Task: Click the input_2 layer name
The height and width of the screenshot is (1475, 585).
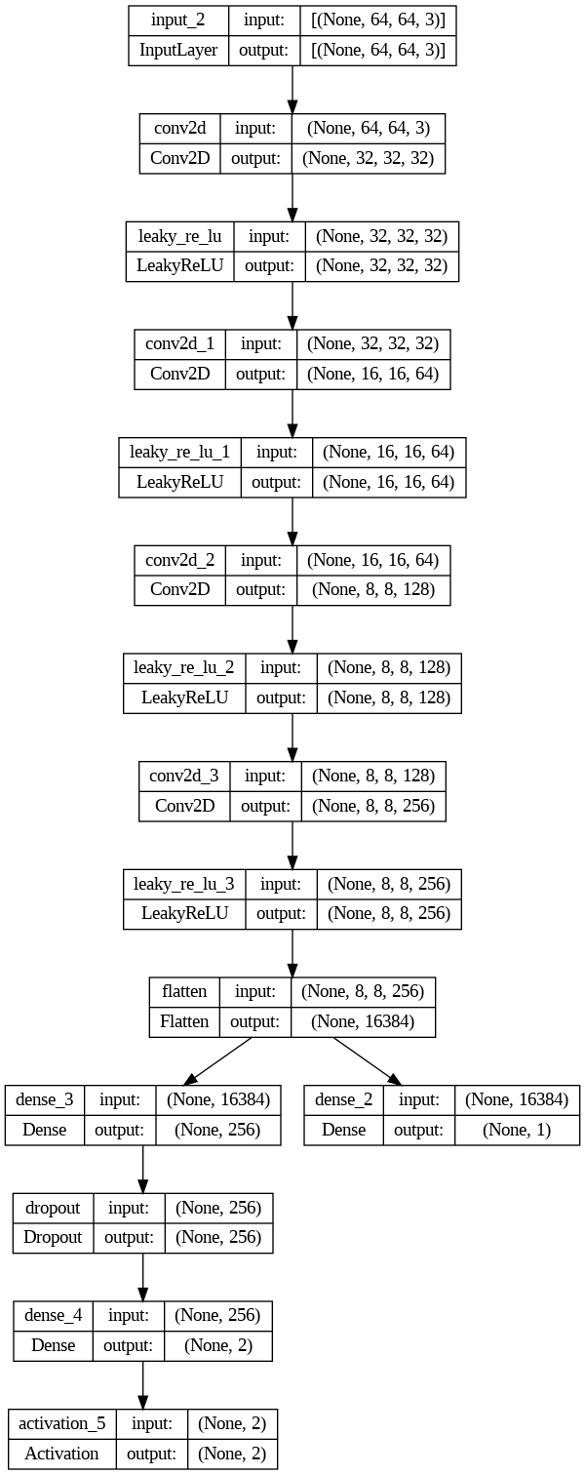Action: click(178, 20)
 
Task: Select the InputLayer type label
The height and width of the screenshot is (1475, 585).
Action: click(178, 51)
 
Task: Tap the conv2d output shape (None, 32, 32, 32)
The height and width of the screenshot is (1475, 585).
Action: click(370, 158)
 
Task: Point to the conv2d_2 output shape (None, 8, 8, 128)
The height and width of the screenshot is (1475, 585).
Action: click(379, 589)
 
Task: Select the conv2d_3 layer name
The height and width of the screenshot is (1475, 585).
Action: click(185, 776)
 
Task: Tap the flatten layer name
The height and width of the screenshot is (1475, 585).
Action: click(184, 991)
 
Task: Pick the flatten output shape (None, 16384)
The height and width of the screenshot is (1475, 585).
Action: click(363, 1021)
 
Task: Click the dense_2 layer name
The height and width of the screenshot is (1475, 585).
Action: click(343, 1099)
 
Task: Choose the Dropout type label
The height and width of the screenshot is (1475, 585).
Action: click(54, 1237)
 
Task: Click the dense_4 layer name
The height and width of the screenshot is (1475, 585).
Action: click(54, 1315)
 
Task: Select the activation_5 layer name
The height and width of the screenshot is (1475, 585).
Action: click(61, 1422)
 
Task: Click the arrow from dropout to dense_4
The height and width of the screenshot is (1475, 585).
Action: click(143, 1276)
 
